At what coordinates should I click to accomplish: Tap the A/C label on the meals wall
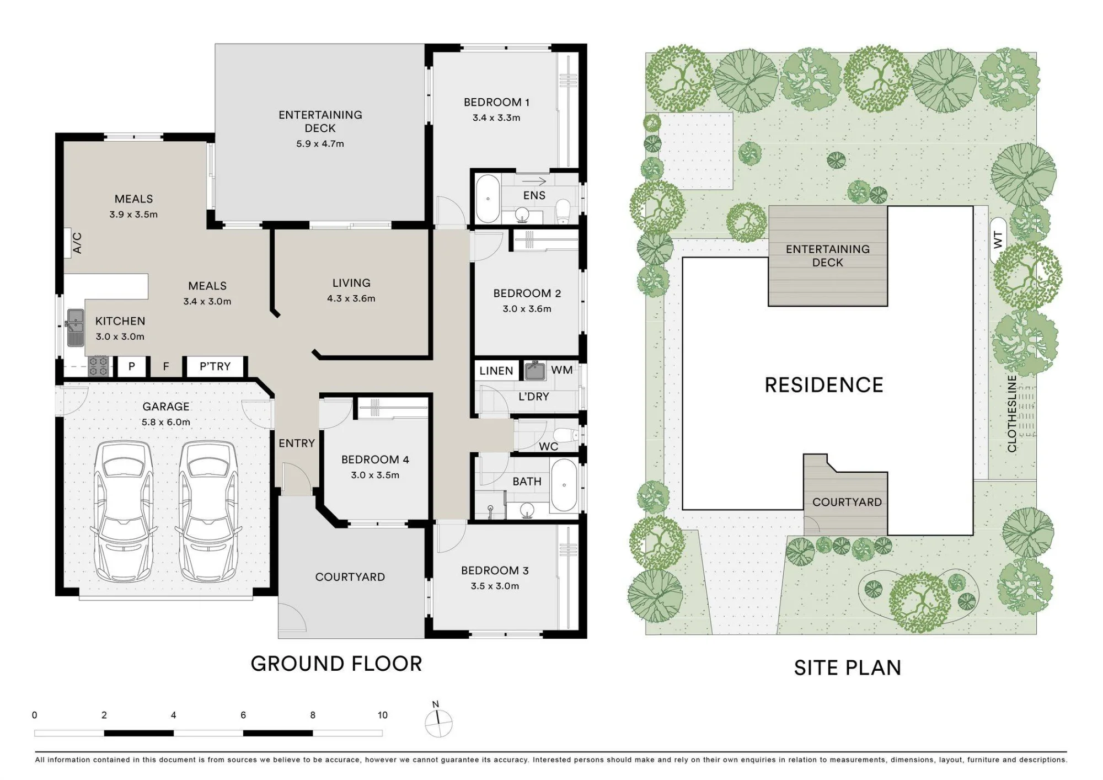77,243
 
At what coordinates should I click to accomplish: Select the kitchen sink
76,327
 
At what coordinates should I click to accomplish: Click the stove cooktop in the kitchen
99,366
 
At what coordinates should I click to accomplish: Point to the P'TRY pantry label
215,366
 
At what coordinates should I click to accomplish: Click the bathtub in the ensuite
488,199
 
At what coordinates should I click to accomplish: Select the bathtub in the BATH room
564,485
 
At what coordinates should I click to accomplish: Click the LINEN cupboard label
496,371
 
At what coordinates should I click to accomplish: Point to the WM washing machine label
562,370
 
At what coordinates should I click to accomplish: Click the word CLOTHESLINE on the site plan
1012,414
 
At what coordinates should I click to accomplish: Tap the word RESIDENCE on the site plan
824,385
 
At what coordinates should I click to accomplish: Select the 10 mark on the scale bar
383,715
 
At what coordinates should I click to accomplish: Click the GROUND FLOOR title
336,664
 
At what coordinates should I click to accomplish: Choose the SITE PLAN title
848,668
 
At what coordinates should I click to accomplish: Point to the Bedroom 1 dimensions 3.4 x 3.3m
496,117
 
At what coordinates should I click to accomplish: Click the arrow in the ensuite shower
534,181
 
